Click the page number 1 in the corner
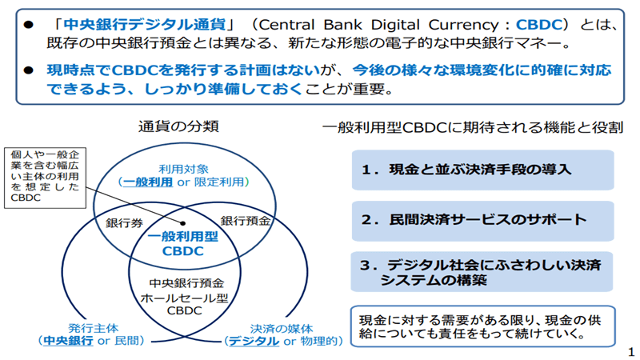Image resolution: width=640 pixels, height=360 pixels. click(x=631, y=352)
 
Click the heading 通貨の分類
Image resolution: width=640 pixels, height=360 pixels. click(x=178, y=126)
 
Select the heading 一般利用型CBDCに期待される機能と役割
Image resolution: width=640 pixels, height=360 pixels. click(x=473, y=128)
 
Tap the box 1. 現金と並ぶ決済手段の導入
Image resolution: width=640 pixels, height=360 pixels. click(x=483, y=170)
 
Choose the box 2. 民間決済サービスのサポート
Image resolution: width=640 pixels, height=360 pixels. click(x=483, y=221)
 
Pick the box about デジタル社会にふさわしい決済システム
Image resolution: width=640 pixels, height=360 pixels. click(x=482, y=272)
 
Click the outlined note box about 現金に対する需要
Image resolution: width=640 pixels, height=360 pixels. click(x=483, y=326)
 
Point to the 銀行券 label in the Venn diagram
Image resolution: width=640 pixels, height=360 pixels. click(x=125, y=223)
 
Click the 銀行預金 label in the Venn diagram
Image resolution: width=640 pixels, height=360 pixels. click(x=246, y=221)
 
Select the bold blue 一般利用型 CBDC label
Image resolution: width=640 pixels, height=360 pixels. click(x=183, y=244)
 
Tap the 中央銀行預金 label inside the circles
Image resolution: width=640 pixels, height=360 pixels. click(x=186, y=283)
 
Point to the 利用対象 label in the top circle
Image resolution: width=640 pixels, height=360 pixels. click(x=184, y=169)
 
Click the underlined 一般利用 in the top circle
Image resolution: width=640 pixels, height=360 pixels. click(x=148, y=182)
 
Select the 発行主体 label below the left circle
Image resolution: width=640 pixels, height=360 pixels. click(x=94, y=328)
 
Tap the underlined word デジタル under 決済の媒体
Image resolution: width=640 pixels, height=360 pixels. click(x=254, y=341)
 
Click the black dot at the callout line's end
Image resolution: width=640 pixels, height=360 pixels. click(x=183, y=223)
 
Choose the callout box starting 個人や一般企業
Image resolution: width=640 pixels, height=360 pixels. click(x=46, y=178)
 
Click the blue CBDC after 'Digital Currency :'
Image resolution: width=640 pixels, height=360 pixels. click(x=539, y=25)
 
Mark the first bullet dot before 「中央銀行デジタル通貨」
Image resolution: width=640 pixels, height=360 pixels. click(x=28, y=26)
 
